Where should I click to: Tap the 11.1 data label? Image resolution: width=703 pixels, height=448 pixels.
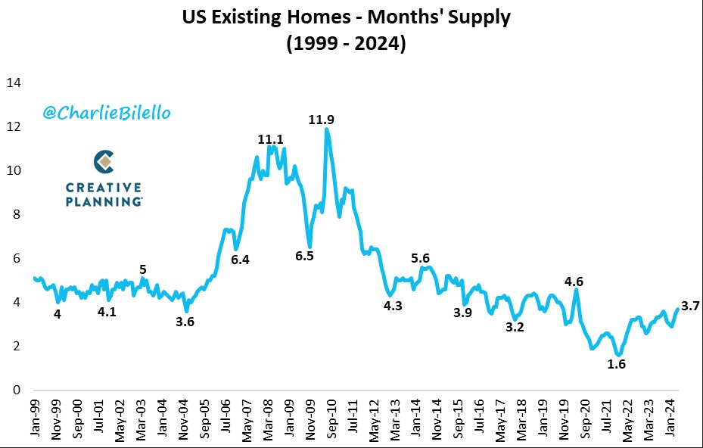(x=270, y=139)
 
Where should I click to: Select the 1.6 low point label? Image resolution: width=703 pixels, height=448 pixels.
(x=617, y=364)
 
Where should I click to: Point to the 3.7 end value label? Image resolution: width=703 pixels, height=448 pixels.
(x=690, y=306)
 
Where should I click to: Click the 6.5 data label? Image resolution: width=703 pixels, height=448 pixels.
(x=304, y=256)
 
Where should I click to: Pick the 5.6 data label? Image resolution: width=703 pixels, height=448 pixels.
(x=421, y=257)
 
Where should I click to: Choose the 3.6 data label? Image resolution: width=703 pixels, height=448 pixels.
(x=185, y=321)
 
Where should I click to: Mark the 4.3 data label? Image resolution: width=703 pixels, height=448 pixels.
(x=393, y=306)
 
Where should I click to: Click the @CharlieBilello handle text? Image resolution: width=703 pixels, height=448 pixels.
(x=107, y=114)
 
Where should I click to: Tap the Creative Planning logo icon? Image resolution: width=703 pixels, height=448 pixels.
(x=104, y=161)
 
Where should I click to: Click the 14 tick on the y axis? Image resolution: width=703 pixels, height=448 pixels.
(x=14, y=82)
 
